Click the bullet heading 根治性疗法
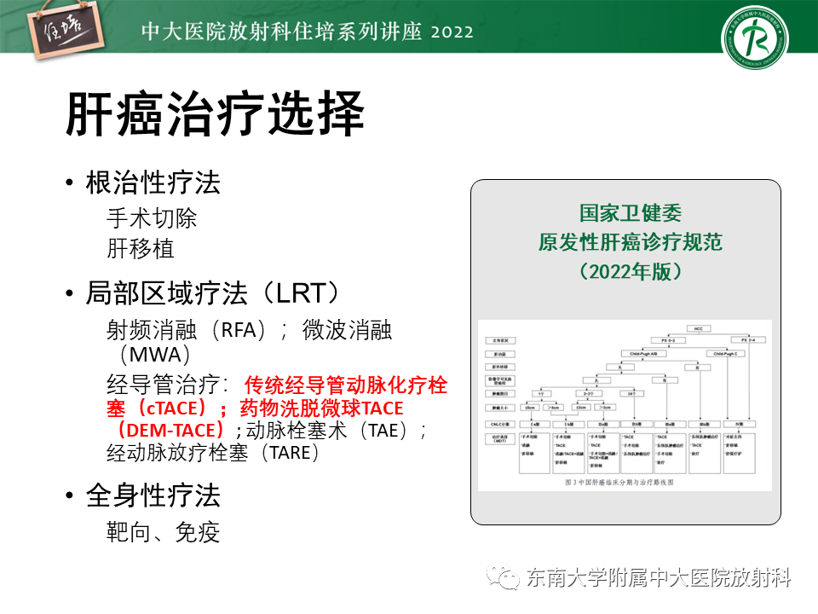point(153,182)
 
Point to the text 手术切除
point(152,217)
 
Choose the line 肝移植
point(141,248)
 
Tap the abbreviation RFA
point(245,330)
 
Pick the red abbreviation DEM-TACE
point(175,430)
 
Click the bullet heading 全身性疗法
point(153,495)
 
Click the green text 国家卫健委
point(631,213)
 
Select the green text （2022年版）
point(631,272)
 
